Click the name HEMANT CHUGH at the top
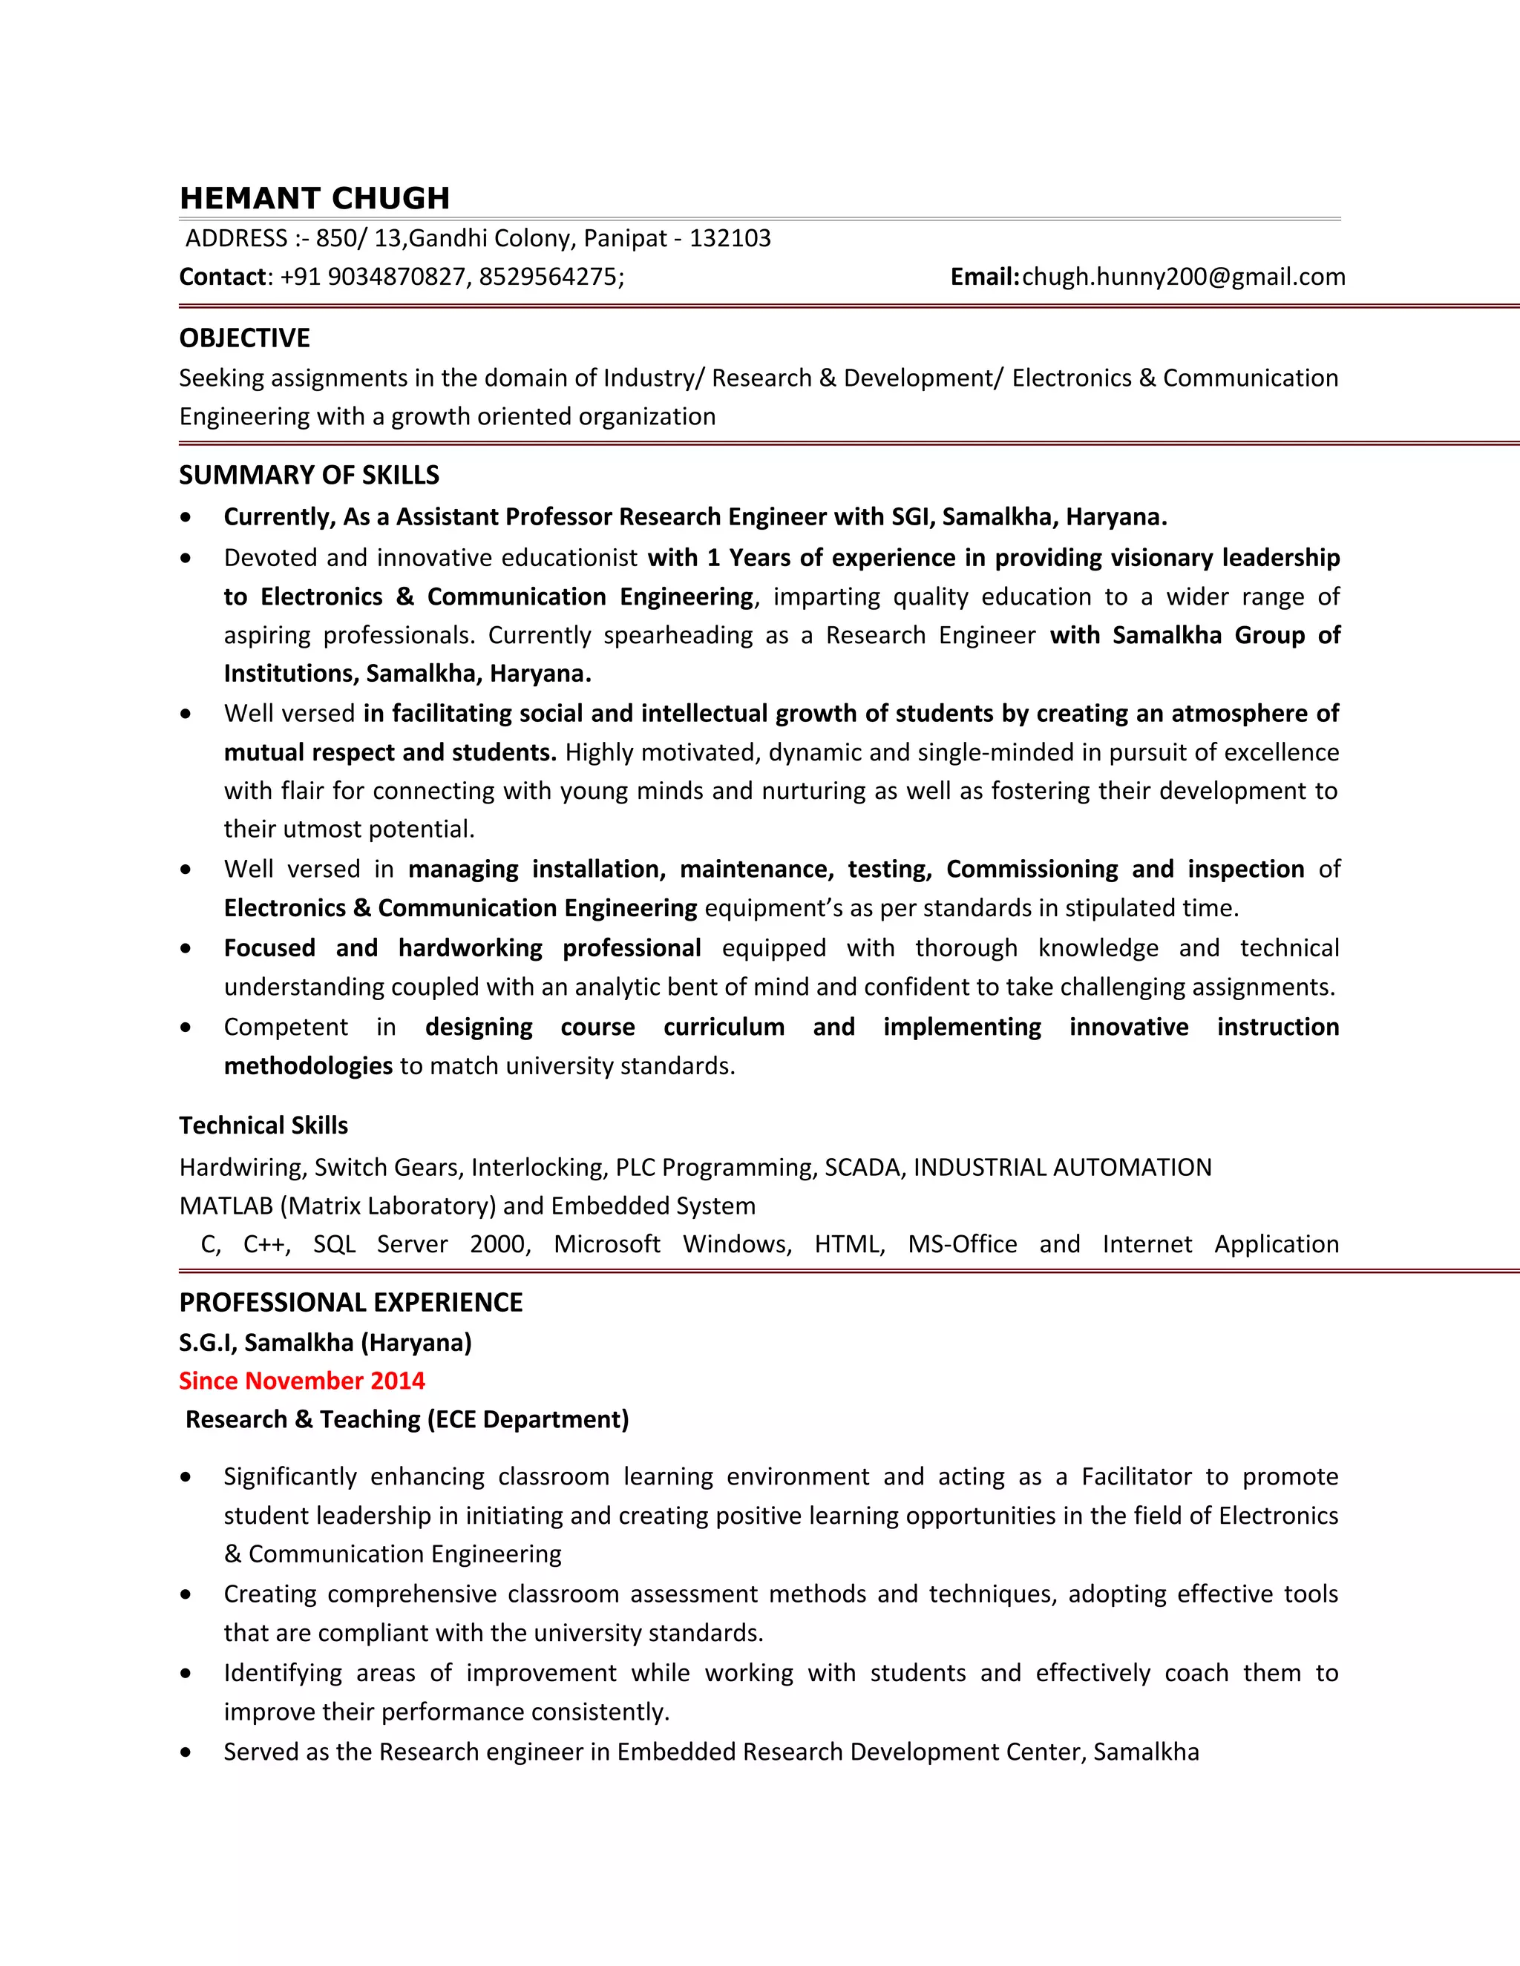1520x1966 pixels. (314, 198)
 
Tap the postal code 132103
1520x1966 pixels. (730, 239)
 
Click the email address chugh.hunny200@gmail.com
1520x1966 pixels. (1183, 277)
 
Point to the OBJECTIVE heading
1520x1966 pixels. (244, 338)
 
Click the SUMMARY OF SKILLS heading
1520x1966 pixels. (309, 476)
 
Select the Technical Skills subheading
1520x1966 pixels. (263, 1125)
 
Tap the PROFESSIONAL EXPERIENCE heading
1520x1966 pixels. (350, 1303)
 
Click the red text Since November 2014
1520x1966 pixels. (301, 1381)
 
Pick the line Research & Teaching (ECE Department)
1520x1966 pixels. (407, 1419)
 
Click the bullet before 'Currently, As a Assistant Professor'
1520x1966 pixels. (186, 518)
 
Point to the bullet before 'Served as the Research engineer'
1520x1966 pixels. (186, 1752)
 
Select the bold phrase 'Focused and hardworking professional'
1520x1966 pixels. (462, 948)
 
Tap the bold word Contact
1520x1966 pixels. (223, 277)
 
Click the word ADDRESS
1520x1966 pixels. (236, 239)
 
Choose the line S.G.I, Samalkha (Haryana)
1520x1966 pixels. (325, 1343)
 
